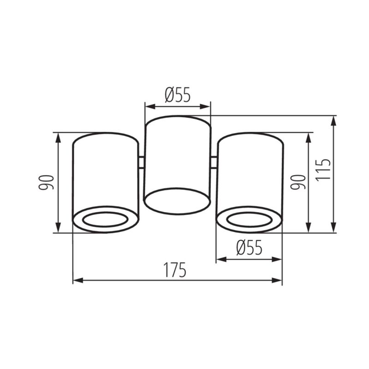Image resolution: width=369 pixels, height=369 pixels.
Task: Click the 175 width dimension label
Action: tap(175, 270)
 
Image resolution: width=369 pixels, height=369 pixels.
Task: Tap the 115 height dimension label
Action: tap(323, 170)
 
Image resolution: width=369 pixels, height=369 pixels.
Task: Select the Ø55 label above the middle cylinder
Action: tap(178, 95)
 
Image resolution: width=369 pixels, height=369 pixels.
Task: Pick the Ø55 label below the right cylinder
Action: tap(249, 248)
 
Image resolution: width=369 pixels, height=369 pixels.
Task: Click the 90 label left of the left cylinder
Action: tap(47, 182)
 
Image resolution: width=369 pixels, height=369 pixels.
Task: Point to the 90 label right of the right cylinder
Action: tap(298, 182)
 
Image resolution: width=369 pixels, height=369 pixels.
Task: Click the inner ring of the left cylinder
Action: tap(105, 220)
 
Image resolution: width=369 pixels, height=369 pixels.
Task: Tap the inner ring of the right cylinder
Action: tap(250, 220)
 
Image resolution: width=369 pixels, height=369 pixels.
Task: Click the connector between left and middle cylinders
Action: tap(142, 162)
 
